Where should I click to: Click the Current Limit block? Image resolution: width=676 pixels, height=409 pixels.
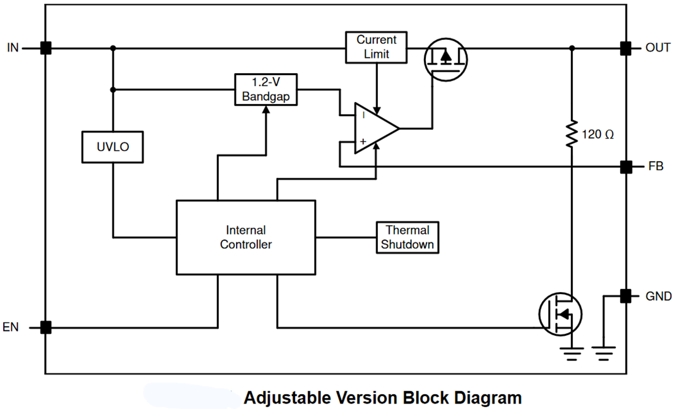(x=376, y=47)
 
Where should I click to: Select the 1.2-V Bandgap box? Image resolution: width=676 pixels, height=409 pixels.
(x=265, y=90)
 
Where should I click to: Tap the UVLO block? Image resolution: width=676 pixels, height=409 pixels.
(x=113, y=147)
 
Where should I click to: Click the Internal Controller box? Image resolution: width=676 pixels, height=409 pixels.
(x=246, y=237)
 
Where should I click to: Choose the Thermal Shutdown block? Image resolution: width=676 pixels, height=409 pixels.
(x=407, y=237)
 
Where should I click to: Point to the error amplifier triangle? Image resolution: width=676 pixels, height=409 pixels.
(x=375, y=128)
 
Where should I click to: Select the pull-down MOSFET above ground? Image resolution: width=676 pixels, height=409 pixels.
(x=560, y=314)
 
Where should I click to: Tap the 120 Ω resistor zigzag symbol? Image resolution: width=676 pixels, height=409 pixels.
(x=572, y=134)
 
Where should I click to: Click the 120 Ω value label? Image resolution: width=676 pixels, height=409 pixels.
(x=597, y=134)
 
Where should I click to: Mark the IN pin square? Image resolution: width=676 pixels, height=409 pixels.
(x=45, y=48)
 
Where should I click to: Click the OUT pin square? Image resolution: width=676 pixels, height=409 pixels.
(x=626, y=48)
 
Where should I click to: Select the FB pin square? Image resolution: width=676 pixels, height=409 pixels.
(x=626, y=166)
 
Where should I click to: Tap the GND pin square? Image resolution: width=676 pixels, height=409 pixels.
(x=626, y=296)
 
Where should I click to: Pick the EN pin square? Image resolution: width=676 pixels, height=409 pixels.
(x=45, y=327)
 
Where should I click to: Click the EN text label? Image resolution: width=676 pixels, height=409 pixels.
(x=11, y=327)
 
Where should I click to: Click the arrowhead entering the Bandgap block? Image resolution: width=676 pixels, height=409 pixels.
(x=265, y=109)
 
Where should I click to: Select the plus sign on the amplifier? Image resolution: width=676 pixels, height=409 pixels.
(x=363, y=141)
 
